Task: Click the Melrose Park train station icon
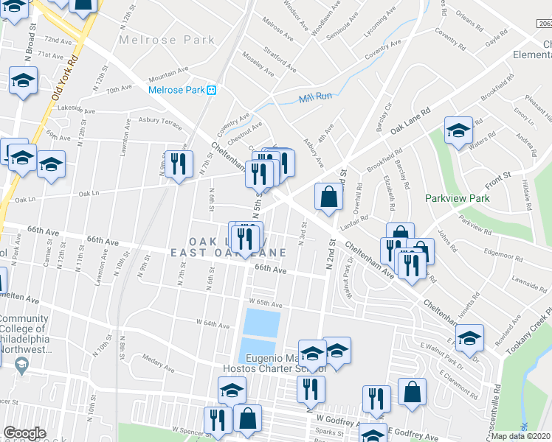pyautogui.click(x=212, y=90)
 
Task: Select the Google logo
pyautogui.click(x=24, y=433)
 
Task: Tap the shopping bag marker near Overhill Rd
pyautogui.click(x=328, y=197)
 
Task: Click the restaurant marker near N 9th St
pyautogui.click(x=177, y=166)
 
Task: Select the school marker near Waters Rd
pyautogui.click(x=458, y=131)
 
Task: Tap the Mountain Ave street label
pyautogui.click(x=168, y=77)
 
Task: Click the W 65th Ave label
pyautogui.click(x=266, y=303)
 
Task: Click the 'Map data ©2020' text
pyautogui.click(x=521, y=436)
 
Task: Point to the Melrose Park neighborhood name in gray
pyautogui.click(x=167, y=40)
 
